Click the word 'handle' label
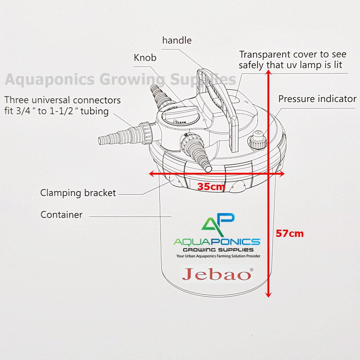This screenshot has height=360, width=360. tap(177, 40)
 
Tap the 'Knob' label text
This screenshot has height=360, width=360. tap(145, 58)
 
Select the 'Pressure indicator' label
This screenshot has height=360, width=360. tap(317, 99)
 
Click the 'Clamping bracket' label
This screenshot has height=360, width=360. tap(78, 193)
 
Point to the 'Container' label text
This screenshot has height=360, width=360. tap(62, 215)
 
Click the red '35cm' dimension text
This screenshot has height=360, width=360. tap(211, 187)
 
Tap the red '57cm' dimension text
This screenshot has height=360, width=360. tap(289, 234)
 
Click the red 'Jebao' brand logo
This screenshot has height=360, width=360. tap(217, 275)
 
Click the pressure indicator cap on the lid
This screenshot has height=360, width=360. tap(257, 140)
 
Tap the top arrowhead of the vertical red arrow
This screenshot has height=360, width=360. tap(268, 73)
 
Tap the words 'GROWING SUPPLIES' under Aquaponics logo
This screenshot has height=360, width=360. tap(218, 249)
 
